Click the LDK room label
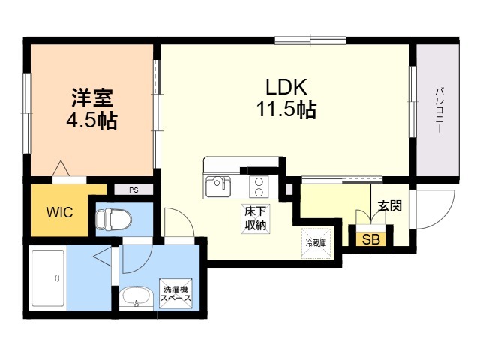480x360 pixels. click(286, 87)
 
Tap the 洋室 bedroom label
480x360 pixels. click(92, 97)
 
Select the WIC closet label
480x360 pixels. click(60, 212)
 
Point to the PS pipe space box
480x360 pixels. click(133, 190)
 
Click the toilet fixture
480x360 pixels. click(113, 219)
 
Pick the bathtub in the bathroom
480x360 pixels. click(48, 278)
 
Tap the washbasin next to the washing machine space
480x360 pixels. click(136, 296)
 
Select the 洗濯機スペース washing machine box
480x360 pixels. click(175, 293)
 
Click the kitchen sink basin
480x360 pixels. click(218, 187)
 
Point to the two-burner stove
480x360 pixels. click(259, 187)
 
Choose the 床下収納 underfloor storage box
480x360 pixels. click(255, 219)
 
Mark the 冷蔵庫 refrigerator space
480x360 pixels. click(316, 243)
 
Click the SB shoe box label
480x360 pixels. click(371, 239)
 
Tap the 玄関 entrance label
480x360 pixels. click(390, 206)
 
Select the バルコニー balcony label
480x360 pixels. click(439, 110)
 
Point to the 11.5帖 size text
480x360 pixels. click(286, 109)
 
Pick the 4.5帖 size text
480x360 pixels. click(91, 121)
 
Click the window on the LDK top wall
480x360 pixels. click(310, 40)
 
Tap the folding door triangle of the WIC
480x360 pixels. click(61, 168)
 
